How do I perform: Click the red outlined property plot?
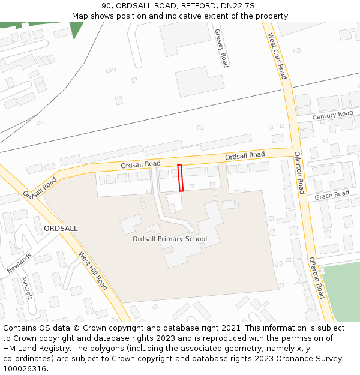[x=181, y=178]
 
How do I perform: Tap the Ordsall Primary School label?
[x=170, y=239]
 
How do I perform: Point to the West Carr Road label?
[x=277, y=56]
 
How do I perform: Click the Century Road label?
[x=332, y=115]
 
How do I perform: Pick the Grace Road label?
[x=332, y=195]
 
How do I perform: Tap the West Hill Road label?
[x=93, y=271]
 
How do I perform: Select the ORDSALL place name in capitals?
[x=61, y=229]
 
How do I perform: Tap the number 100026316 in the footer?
[x=25, y=368]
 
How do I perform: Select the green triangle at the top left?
[x=76, y=28]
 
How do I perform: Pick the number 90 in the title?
[x=106, y=5]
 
